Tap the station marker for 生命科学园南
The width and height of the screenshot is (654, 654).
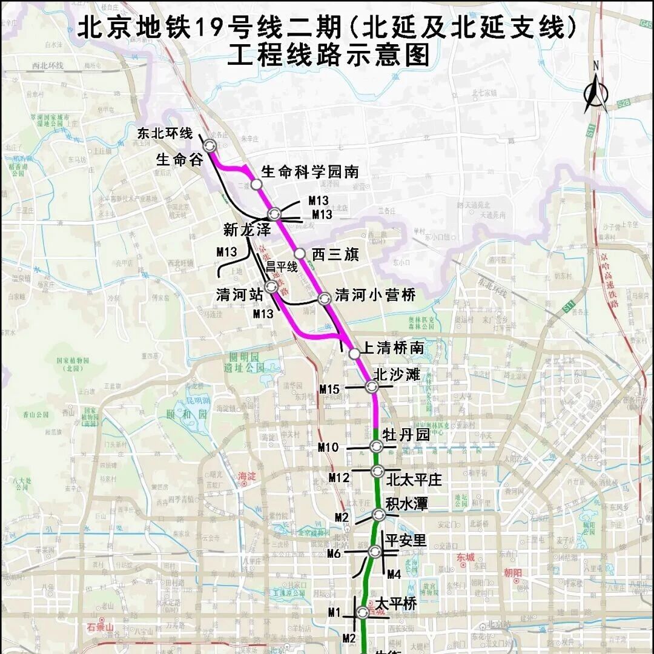[x=256, y=184]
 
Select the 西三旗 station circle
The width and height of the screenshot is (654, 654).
[x=299, y=253]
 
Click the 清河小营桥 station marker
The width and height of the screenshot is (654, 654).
[x=325, y=297]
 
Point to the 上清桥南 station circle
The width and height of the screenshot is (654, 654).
[x=354, y=354]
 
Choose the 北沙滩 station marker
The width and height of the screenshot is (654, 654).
[x=372, y=386]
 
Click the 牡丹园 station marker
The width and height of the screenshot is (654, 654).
[x=376, y=447]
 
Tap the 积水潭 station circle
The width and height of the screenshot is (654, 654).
[x=379, y=515]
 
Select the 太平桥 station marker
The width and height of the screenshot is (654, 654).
[x=363, y=612]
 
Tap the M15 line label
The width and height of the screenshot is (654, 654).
[x=329, y=389]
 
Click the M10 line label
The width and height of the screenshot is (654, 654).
[x=328, y=447]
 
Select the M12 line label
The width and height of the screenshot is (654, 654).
[x=339, y=478]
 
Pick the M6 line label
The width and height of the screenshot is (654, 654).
[x=334, y=553]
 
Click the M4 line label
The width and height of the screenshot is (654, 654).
[x=394, y=573]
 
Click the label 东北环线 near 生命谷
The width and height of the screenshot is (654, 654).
[x=165, y=133]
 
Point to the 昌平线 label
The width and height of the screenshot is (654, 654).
[x=282, y=266]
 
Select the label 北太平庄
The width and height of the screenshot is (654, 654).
[x=414, y=480]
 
